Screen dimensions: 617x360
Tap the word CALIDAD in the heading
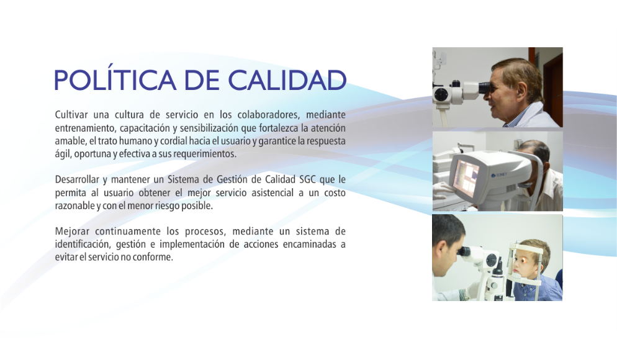coord(287,80)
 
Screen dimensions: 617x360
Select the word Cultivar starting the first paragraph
coord(71,114)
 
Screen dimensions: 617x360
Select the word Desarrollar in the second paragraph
coord(77,179)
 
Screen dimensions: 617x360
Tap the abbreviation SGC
coord(307,179)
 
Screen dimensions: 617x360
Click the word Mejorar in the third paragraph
coord(72,231)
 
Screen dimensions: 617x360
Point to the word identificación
coord(83,244)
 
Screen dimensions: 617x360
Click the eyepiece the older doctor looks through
coord(484,88)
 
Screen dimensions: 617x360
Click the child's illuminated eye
coord(525,259)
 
